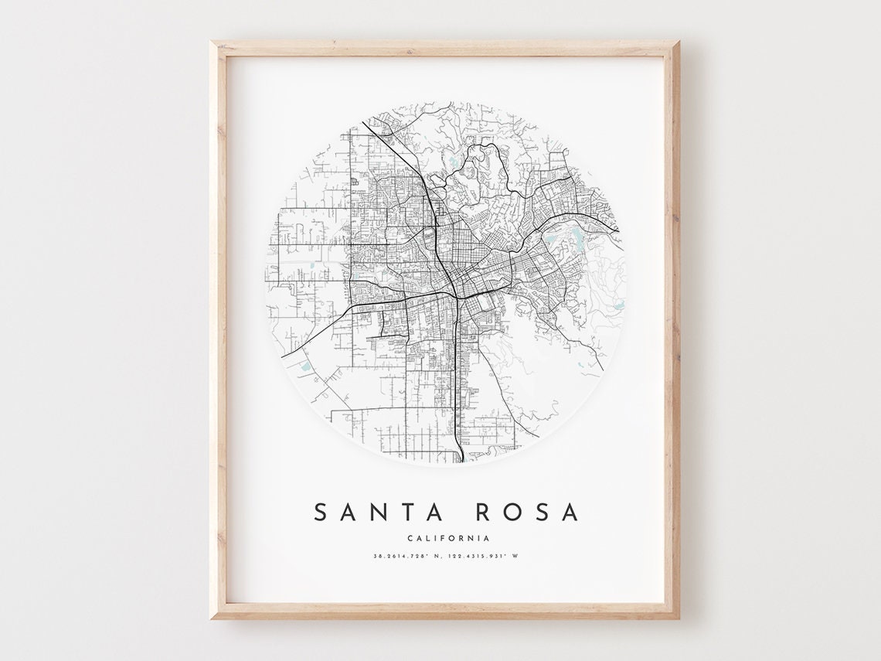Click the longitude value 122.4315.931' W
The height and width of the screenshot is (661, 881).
pos(484,555)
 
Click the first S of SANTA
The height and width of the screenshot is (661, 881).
pos(320,512)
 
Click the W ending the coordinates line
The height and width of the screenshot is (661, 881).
pos(515,555)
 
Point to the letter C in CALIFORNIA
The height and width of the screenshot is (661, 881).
pos(407,538)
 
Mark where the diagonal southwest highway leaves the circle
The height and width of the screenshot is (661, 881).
pos(283,356)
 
